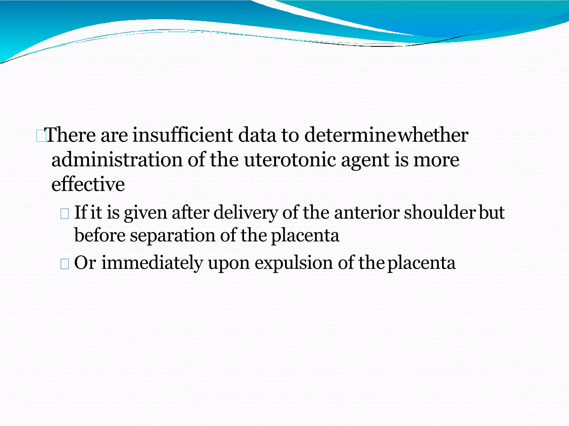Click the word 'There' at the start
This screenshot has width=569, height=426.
71,135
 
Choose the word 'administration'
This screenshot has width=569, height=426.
117,160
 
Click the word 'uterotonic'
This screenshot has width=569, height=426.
290,160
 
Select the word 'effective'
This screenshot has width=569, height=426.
88,184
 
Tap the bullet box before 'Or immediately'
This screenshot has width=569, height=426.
64,264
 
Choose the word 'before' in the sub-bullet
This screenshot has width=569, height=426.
100,235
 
